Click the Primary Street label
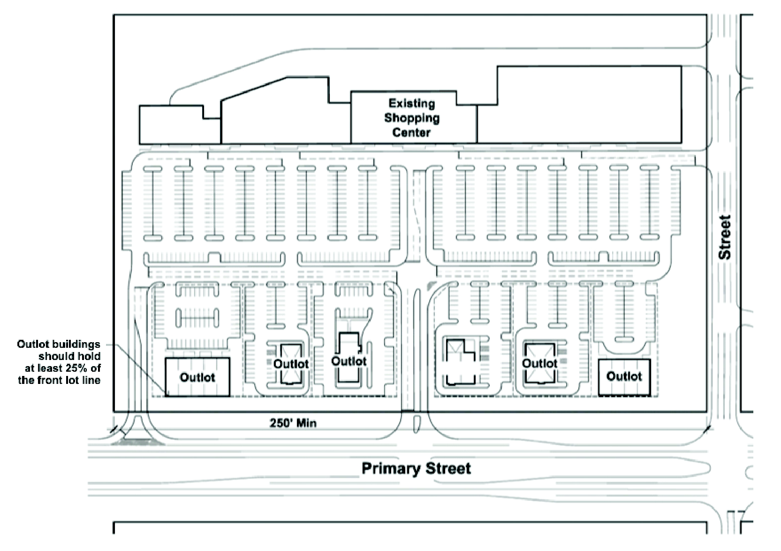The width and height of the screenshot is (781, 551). coord(416,468)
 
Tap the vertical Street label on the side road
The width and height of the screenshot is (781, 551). coord(725,237)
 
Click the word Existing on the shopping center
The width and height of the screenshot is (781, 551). coord(412,103)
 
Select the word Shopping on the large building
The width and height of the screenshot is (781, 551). coord(412,118)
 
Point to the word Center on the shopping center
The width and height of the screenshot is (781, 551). coord(411,132)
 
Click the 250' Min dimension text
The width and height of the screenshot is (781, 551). coord(293,423)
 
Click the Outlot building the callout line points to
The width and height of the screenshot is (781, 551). coord(197,377)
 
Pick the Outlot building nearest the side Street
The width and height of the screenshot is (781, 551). coord(624,376)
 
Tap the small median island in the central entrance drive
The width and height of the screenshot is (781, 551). coord(415,424)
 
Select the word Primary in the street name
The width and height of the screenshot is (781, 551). coord(391,468)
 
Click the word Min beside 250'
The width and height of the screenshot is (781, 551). coord(306,423)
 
